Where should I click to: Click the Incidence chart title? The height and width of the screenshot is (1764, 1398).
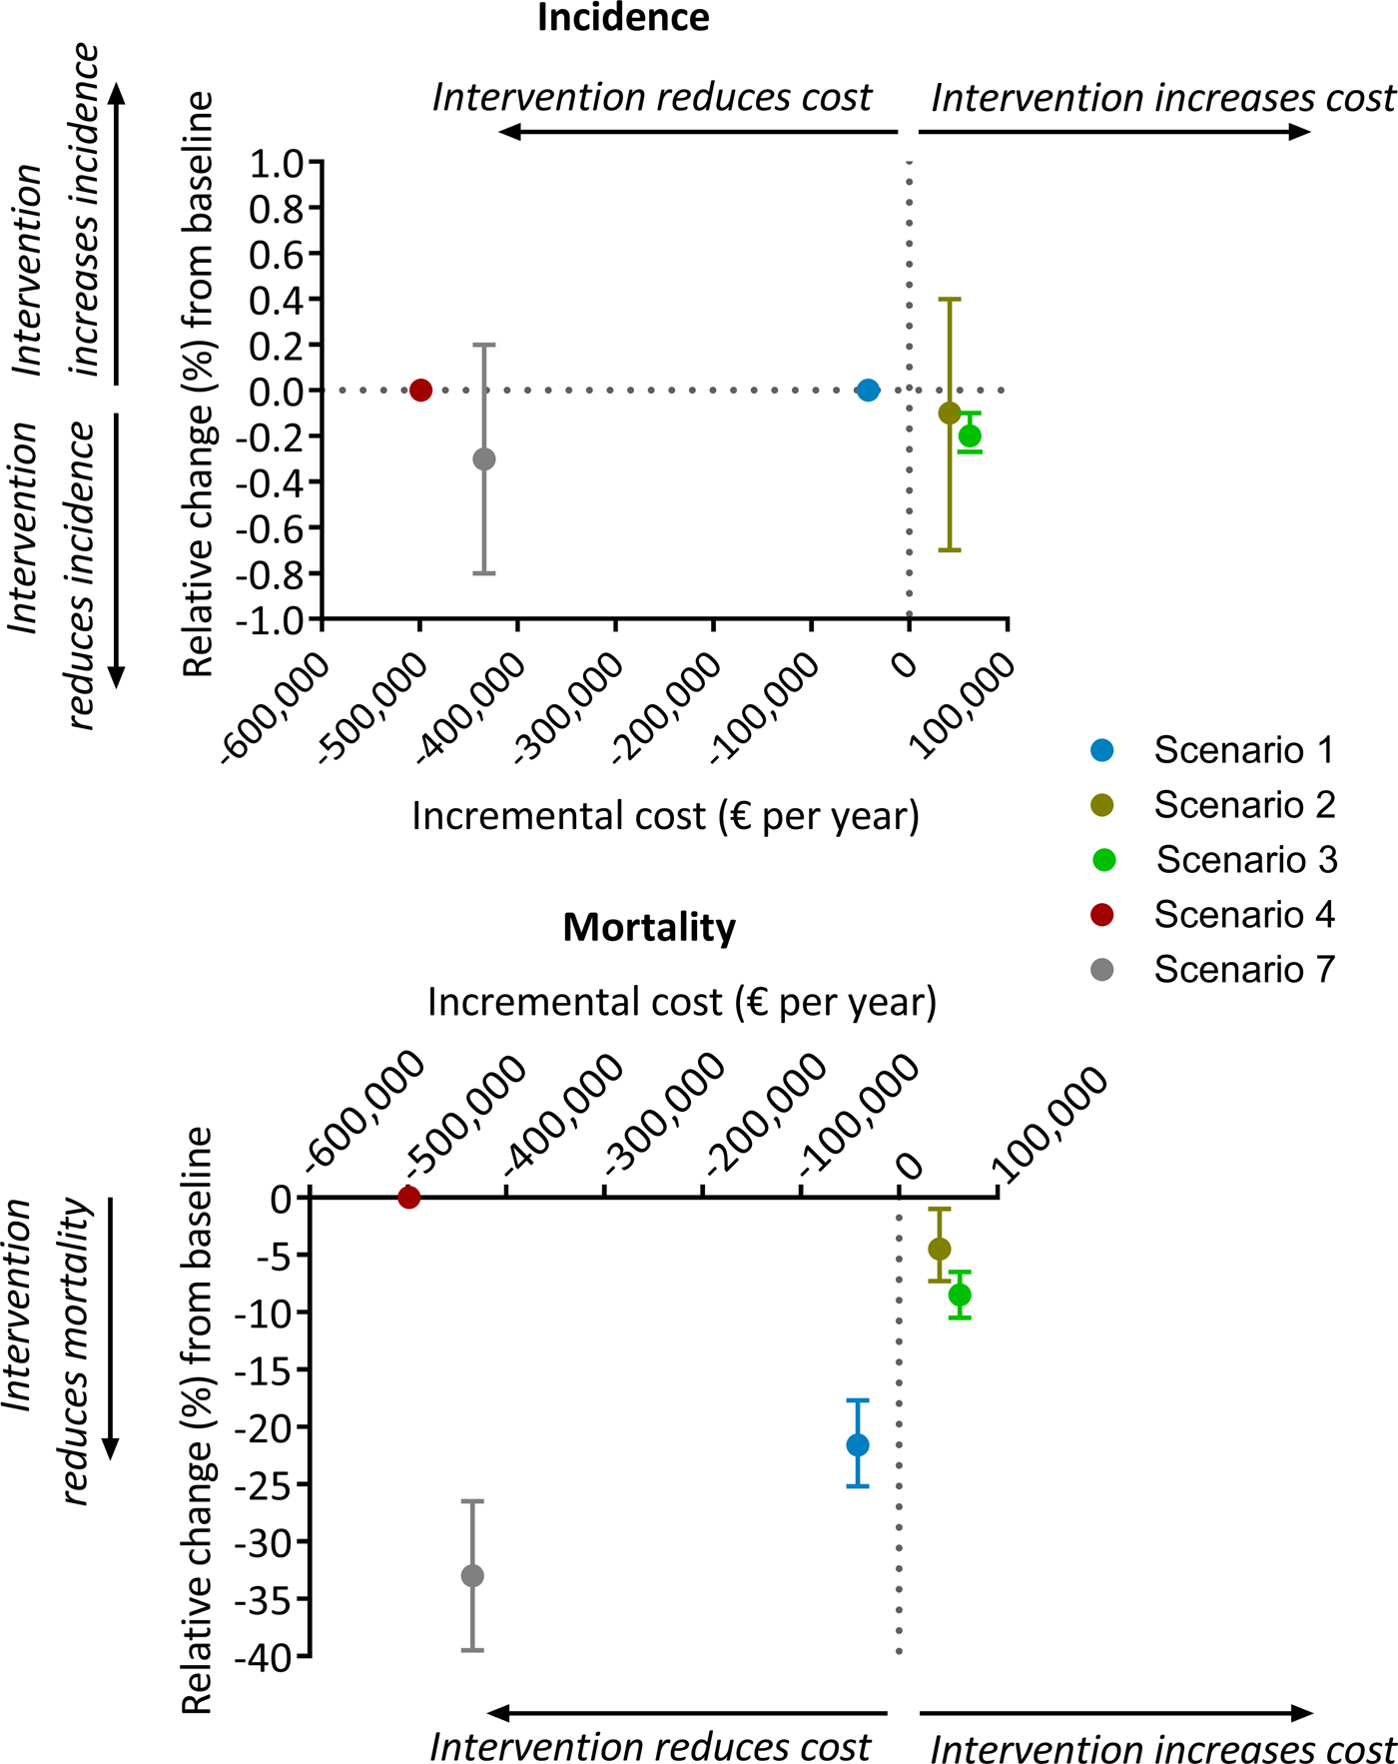tap(623, 18)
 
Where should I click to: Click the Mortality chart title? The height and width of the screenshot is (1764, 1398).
tap(649, 927)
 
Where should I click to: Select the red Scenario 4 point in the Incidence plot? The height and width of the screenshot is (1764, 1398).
tap(420, 390)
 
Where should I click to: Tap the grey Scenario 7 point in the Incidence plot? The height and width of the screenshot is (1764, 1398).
tap(484, 459)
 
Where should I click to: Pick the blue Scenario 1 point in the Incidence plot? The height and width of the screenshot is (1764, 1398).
tap(869, 390)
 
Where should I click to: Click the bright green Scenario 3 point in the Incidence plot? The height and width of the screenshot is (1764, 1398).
tap(970, 437)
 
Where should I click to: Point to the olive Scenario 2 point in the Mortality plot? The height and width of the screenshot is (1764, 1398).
tap(939, 1249)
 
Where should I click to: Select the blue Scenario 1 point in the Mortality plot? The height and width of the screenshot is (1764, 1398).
tap(857, 1445)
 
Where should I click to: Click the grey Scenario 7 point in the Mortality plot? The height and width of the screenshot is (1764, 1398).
tap(472, 1576)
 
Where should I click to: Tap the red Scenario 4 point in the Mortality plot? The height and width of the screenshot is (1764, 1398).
tap(408, 1198)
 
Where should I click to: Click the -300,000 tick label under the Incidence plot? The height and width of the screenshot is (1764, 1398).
tap(570, 708)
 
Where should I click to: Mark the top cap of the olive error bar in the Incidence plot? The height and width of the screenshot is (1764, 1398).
tap(950, 299)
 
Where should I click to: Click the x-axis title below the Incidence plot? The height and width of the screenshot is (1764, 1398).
tap(665, 817)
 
